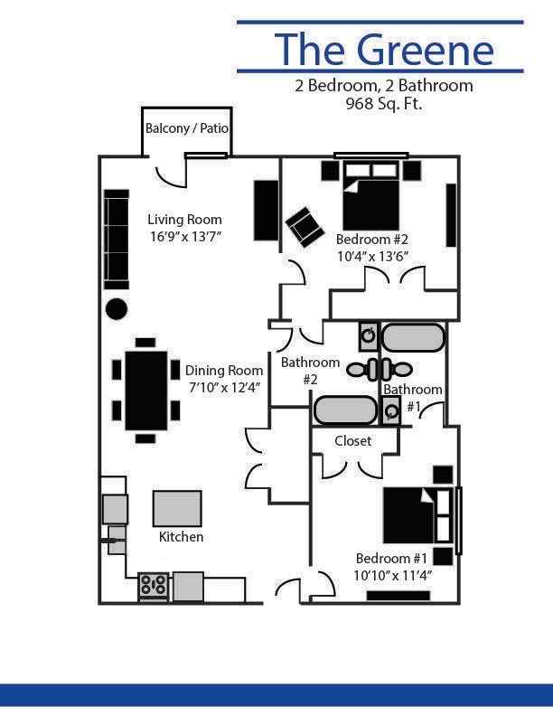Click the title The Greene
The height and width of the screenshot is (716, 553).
coord(384,49)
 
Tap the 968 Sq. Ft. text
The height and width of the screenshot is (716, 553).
coord(384,104)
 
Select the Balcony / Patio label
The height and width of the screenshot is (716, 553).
coord(187,128)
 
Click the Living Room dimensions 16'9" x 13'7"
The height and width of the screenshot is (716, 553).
coord(184,236)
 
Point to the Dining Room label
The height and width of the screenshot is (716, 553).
coord(224,371)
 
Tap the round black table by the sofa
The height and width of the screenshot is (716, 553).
coord(117,308)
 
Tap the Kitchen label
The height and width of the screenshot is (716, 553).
coord(181,537)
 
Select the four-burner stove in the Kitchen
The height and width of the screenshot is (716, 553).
coord(153,586)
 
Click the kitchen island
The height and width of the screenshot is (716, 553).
coord(177,508)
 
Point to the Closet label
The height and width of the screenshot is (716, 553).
coord(352,441)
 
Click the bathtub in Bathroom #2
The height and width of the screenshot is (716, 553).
coord(344,410)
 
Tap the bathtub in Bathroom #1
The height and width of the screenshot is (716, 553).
coord(413,338)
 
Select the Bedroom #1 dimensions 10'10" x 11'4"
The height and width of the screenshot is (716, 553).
coord(393,574)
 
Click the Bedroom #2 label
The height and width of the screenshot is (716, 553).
coord(372,240)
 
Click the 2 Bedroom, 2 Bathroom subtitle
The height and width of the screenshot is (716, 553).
coord(383,87)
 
